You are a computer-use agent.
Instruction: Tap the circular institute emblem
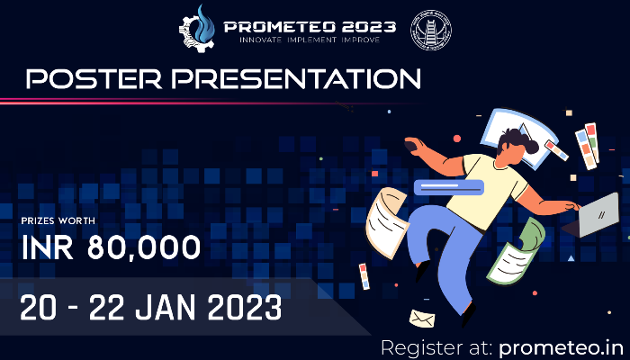[431, 29]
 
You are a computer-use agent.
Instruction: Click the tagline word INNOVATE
[262, 40]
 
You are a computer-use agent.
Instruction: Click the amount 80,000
[145, 247]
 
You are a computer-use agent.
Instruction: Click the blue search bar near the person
[449, 187]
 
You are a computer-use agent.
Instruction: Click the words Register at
[434, 346]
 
